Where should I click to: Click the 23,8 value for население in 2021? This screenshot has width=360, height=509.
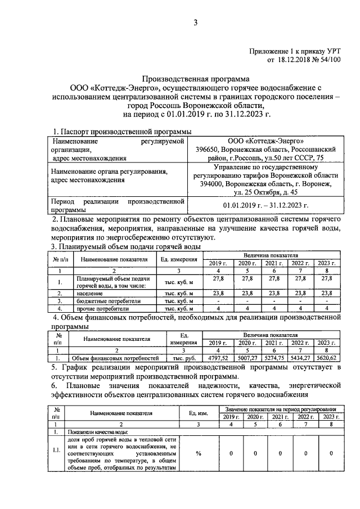(274, 293)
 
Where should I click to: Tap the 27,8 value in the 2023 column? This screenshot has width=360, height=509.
(327, 277)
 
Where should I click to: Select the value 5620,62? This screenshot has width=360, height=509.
(327, 357)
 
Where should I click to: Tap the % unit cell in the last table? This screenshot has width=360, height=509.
(199, 453)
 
